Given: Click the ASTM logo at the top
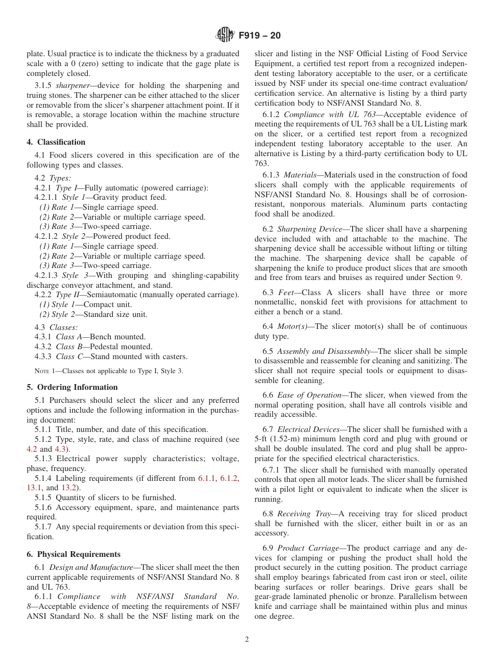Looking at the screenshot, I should point(225,35).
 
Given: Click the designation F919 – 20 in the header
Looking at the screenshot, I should point(259,35).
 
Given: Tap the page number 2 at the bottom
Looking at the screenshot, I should point(247,640).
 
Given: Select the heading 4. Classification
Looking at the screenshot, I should point(56,142).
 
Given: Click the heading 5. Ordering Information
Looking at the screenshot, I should point(72,387).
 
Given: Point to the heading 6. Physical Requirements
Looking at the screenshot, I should point(73,554).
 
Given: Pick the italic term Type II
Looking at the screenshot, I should point(67,295).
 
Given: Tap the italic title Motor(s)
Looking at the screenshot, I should point(295,327).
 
